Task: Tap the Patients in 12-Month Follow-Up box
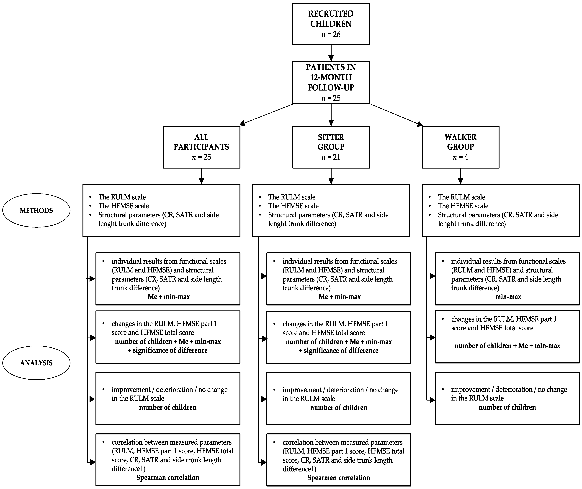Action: (x=331, y=82)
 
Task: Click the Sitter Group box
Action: (x=331, y=147)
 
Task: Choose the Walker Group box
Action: (x=460, y=147)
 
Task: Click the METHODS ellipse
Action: (x=36, y=210)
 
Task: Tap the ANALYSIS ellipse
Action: (x=36, y=363)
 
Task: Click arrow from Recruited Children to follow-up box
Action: (x=331, y=53)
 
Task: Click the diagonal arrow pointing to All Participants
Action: (x=266, y=114)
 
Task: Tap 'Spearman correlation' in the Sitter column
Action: (x=339, y=478)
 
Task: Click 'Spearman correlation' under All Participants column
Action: (x=168, y=477)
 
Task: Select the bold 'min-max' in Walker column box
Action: (x=508, y=297)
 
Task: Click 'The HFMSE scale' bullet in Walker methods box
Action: (x=463, y=206)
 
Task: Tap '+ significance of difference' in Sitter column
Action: (x=339, y=351)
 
